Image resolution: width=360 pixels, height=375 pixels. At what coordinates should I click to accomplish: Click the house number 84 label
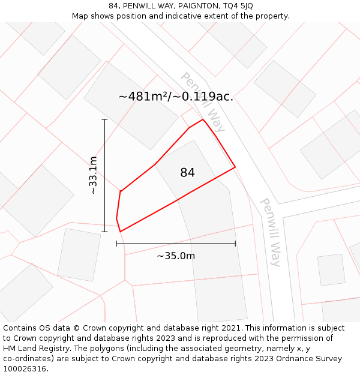coord(187,173)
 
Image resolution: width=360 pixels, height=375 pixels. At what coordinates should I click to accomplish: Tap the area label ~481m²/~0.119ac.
coord(176,97)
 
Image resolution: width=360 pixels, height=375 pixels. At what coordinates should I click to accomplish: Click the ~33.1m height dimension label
coord(93,175)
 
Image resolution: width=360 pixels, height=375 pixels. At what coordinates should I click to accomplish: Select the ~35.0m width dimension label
coord(176,256)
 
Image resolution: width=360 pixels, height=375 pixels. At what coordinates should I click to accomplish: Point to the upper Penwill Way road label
coord(203,102)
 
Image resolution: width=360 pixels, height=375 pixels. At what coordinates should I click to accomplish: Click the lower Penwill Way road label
coord(271,232)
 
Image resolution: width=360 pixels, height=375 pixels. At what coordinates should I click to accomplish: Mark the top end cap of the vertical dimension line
coord(104,119)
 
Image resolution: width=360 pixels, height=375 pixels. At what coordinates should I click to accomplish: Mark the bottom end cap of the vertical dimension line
coord(104,232)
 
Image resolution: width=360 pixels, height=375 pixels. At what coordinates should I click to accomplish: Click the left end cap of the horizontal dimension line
coord(116,244)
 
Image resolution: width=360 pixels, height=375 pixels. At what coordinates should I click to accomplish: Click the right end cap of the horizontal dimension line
coord(235,244)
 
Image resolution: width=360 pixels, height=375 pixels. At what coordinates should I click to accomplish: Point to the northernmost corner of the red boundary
coord(203,119)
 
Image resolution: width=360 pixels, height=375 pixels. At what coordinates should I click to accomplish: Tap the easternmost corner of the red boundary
coord(235,167)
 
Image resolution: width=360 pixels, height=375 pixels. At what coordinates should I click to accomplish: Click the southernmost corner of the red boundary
coord(121,232)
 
